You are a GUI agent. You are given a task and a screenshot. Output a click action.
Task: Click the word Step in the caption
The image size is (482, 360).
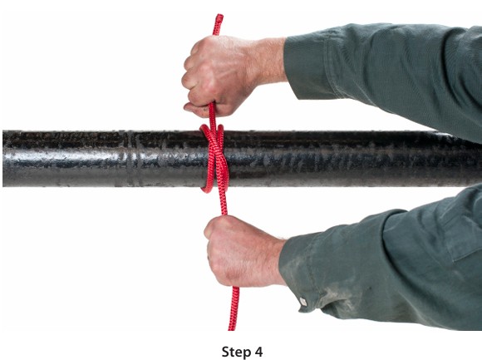pos(236,352)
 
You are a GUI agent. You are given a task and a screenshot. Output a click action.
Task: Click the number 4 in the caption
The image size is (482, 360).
pos(258,352)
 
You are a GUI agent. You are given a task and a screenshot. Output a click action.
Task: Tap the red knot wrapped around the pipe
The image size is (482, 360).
pos(215,157)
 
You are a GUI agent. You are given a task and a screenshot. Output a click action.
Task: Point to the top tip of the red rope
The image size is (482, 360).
pos(219,15)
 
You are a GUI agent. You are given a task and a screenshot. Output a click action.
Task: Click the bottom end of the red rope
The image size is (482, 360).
pos(232,329)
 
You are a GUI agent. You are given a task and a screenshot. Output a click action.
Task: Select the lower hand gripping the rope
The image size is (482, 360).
pos(243,250)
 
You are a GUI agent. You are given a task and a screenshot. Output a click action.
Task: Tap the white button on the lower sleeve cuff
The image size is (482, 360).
pos(303,302)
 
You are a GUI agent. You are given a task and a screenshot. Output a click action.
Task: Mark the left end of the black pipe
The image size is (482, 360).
pos(3,158)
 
